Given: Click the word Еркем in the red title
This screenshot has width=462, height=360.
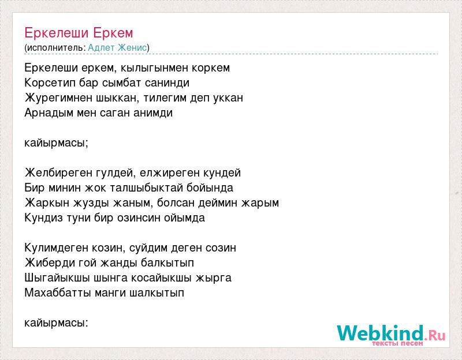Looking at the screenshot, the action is click(x=113, y=33).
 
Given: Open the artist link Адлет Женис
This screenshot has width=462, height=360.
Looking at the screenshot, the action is click(x=117, y=47).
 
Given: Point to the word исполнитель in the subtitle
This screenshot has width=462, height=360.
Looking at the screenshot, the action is click(x=55, y=48).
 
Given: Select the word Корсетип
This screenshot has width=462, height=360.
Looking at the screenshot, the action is click(x=50, y=83).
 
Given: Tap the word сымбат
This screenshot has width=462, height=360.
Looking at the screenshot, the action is click(x=121, y=83).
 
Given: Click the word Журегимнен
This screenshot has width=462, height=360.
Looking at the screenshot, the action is click(x=58, y=97).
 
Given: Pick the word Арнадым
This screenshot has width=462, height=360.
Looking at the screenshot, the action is click(x=49, y=112).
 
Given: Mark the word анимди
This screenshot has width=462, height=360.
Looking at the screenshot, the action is click(x=153, y=112).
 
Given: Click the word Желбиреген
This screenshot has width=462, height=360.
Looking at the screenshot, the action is click(x=58, y=172).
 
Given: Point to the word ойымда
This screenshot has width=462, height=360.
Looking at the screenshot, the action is click(x=184, y=218).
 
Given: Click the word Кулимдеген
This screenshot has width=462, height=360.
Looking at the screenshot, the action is click(x=56, y=248).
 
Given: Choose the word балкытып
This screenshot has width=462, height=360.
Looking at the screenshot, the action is click(x=167, y=263).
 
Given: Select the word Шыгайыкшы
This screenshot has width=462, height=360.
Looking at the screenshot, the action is click(x=57, y=278).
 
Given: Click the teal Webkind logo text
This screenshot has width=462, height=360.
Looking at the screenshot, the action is click(x=381, y=333).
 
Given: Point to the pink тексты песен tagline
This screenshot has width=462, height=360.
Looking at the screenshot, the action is click(x=397, y=343).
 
